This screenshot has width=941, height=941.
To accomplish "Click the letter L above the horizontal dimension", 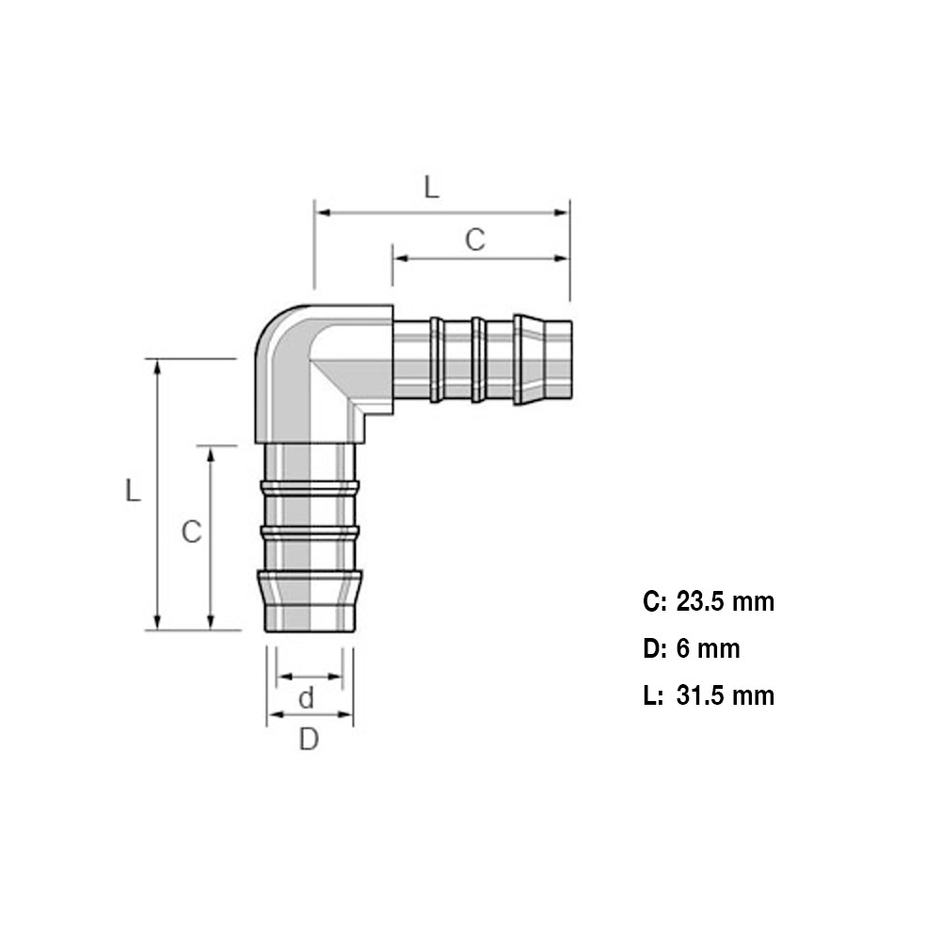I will (x=430, y=186).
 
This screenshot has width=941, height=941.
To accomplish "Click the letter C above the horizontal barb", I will (x=475, y=240).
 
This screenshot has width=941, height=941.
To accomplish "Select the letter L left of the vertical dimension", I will (x=133, y=490).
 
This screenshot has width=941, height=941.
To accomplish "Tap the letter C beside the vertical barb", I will (x=191, y=533).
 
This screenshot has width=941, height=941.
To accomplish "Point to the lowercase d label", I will (x=306, y=699).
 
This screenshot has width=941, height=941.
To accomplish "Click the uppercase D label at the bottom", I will (x=309, y=741).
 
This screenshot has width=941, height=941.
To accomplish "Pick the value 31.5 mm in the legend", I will (x=726, y=695).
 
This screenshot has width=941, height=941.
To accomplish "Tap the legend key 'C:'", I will (x=654, y=601).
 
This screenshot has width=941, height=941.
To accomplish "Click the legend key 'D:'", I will (x=654, y=648).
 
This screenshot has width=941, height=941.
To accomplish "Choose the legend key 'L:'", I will (x=653, y=695).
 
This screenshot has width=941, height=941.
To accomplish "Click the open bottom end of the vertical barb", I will (x=310, y=630).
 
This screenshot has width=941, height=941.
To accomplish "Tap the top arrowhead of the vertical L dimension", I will (x=158, y=366).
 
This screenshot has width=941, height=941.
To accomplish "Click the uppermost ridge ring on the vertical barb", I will (x=310, y=487).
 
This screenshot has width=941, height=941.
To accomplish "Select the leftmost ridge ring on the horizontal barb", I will (x=437, y=360).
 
